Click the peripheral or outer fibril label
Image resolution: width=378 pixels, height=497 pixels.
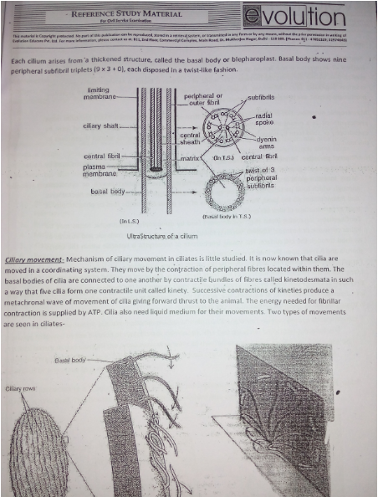point(201,100)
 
